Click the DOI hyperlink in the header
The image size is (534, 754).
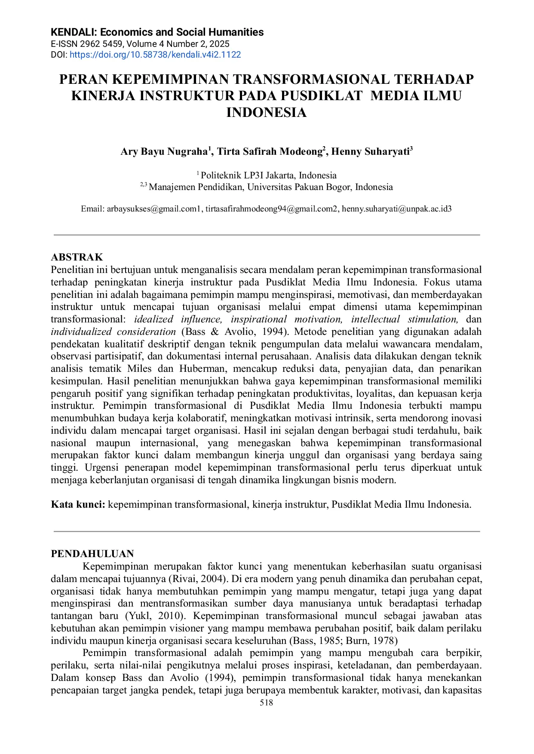tap(155, 55)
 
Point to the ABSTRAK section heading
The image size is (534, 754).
tap(77, 257)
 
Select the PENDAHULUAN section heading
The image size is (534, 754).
tap(92, 554)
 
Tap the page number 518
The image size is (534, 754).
tap(267, 703)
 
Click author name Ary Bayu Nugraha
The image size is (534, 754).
tap(164, 152)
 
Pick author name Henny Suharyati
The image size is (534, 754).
tap(370, 152)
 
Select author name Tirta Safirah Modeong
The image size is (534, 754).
tap(270, 152)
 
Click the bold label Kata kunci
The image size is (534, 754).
tap(78, 505)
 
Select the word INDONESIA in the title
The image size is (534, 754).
tap(267, 113)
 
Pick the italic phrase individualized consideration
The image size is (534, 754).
tap(114, 332)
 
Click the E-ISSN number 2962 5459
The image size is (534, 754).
tap(101, 44)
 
